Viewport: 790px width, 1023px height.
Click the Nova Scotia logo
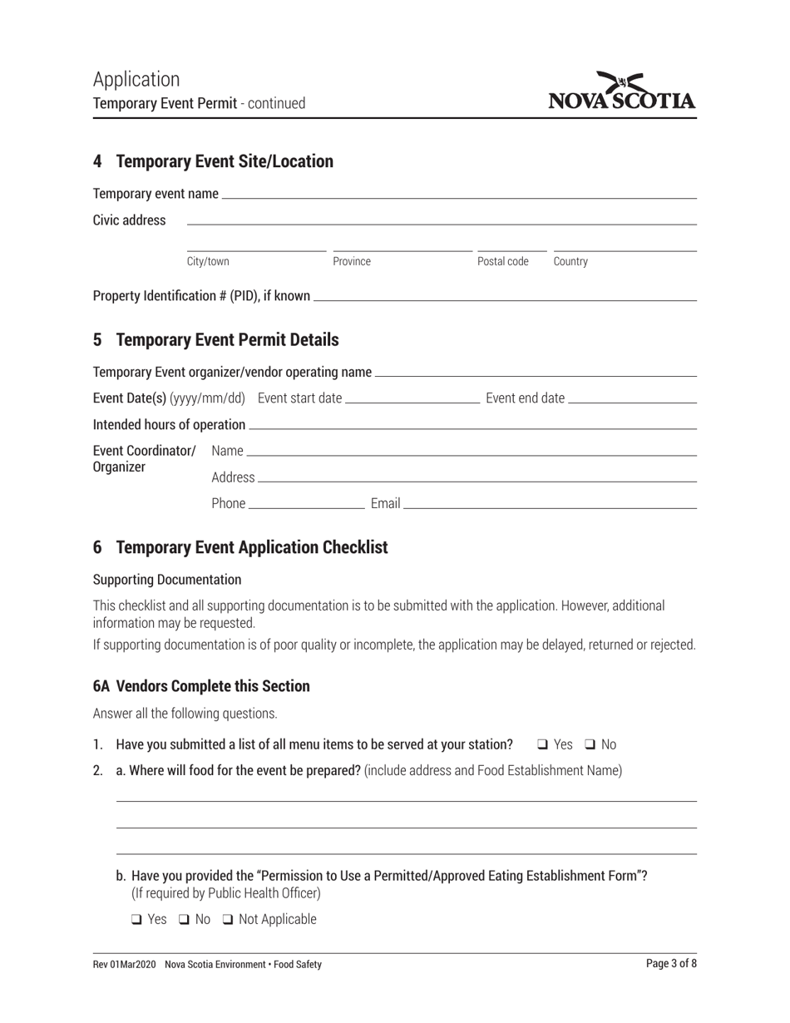click(622, 91)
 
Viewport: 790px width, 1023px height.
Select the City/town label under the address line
click(208, 262)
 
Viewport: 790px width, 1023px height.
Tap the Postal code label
click(502, 262)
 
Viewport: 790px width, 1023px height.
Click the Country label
click(570, 262)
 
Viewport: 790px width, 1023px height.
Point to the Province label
click(352, 262)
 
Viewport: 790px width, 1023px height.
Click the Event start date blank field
click(412, 398)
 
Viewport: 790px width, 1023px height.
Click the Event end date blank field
click(632, 398)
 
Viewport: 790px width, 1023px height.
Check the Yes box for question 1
click(542, 745)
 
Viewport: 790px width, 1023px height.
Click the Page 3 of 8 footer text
click(671, 964)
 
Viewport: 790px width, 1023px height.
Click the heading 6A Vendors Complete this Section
click(201, 686)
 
